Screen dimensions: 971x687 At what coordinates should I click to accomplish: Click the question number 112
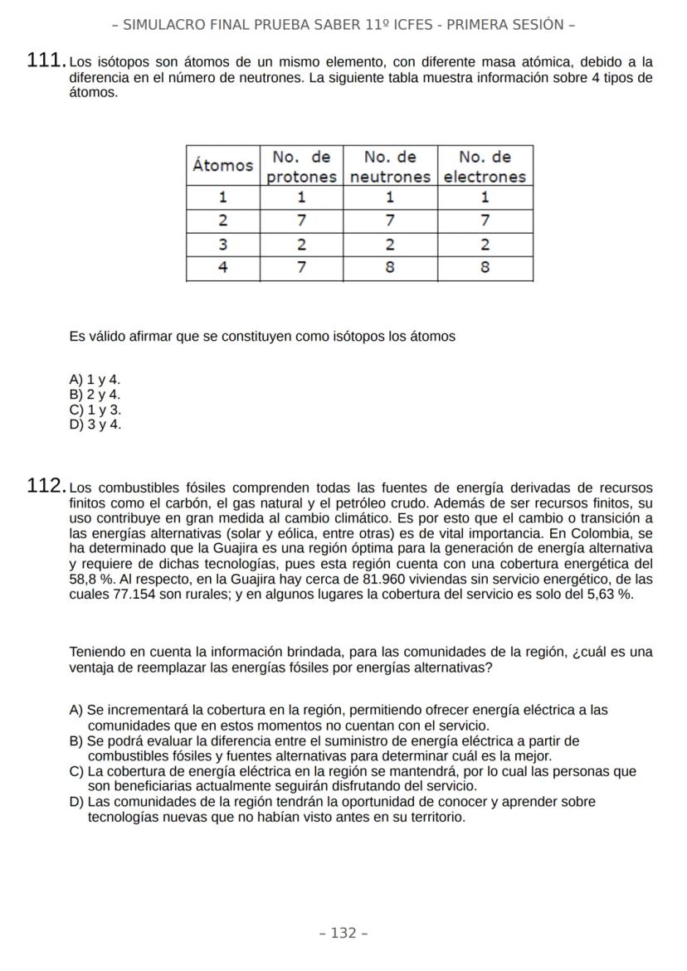(x=46, y=486)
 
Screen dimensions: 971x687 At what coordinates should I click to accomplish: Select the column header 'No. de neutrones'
(x=390, y=166)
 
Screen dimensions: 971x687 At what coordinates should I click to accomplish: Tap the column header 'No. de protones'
(x=302, y=166)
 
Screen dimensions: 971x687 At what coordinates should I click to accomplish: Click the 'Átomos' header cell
(x=222, y=165)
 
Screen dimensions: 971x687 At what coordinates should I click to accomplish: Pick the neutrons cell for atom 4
(x=390, y=269)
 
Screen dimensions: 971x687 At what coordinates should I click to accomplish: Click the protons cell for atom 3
(x=302, y=245)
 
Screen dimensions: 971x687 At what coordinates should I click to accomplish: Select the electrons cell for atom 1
(x=485, y=197)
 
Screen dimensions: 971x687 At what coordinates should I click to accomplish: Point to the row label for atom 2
(x=222, y=221)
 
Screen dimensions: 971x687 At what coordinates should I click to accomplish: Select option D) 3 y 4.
(x=95, y=425)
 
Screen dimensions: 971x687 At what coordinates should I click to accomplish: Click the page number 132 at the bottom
(x=343, y=933)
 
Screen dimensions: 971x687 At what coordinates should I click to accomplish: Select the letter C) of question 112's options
(x=77, y=771)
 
